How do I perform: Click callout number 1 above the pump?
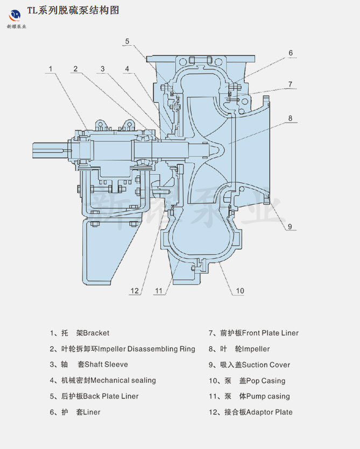pos(50,69)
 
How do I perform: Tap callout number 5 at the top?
pos(128,41)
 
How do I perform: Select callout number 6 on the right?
pos(290,53)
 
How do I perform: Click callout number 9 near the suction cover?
pos(289,226)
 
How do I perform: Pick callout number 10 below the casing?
pos(239,291)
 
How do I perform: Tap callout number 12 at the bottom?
pos(135,291)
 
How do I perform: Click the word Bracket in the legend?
pos(96,333)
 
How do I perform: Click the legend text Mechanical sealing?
pos(123,380)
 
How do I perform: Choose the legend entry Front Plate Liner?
pos(270,333)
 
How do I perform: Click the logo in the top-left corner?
pos(15,14)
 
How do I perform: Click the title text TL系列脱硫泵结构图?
pos(73,10)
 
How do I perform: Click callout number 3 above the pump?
pos(102,69)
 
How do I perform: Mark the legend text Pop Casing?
pos(266,381)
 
